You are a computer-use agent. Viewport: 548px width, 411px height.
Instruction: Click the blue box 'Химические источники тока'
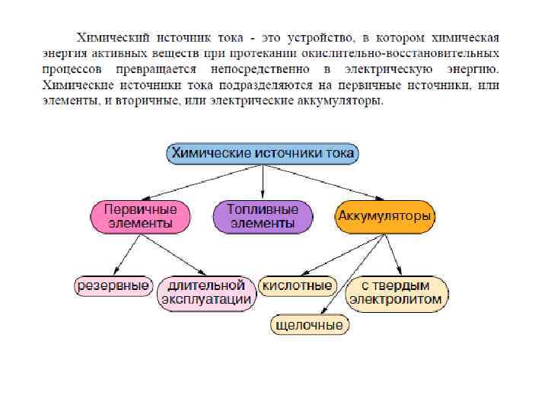(x=263, y=153)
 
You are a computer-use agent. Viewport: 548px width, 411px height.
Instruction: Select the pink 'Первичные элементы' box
(x=140, y=217)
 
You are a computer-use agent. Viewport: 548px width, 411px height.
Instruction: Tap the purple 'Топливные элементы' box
(x=263, y=217)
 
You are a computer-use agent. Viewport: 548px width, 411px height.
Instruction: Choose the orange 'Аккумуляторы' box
(x=385, y=217)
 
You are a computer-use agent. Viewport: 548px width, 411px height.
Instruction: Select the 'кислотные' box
(x=297, y=286)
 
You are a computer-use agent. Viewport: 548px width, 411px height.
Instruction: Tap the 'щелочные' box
(x=309, y=325)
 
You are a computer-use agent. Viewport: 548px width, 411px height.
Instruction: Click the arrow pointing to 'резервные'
(x=126, y=254)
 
